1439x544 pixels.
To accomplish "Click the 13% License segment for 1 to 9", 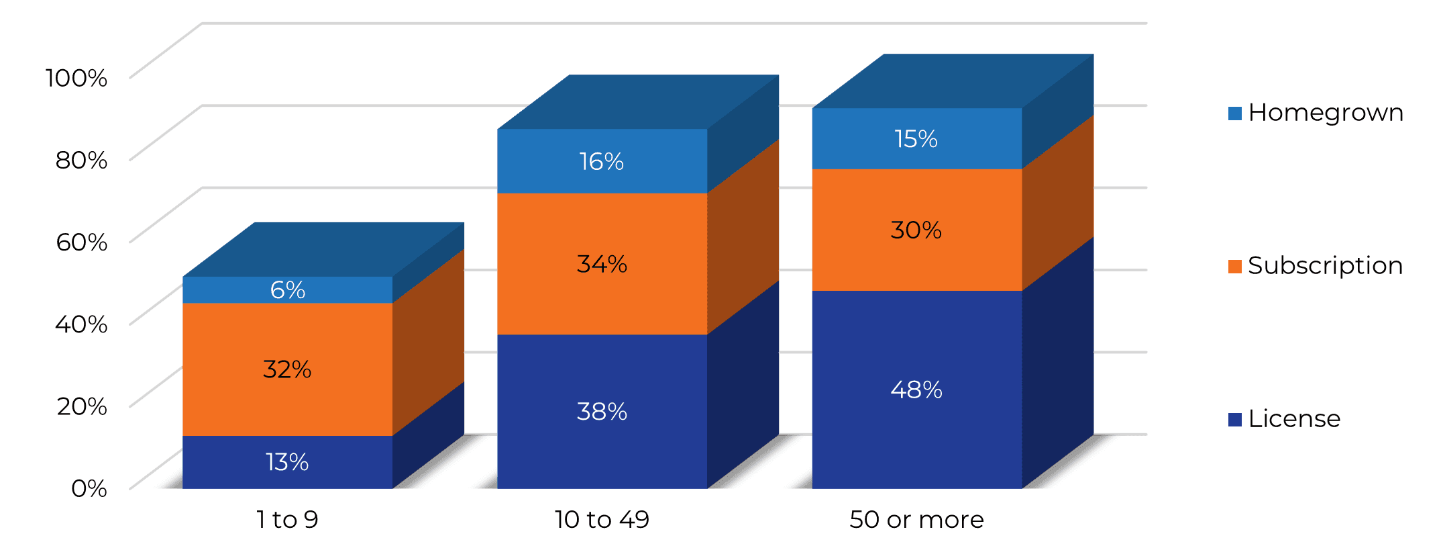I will click(287, 462).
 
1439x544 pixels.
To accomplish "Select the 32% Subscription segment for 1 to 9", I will click(287, 369).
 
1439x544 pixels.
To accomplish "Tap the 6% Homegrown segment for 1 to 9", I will click(287, 289).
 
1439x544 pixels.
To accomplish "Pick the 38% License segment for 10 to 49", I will click(602, 411).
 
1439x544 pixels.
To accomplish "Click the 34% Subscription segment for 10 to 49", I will click(602, 264).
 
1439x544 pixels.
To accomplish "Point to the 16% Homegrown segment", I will click(602, 161).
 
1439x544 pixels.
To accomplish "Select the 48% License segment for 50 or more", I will click(916, 390).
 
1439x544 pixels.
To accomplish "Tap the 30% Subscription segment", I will click(916, 230).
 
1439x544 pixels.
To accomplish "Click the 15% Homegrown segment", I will click(916, 138).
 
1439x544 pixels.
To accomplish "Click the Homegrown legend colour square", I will click(1235, 114).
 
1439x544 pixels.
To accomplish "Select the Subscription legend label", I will click(1325, 266).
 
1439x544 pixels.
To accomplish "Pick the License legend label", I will click(1294, 419).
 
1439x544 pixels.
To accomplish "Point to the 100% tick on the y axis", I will click(76, 78).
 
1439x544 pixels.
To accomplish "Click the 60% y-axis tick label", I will click(82, 242).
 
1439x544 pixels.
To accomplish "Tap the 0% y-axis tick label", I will click(89, 488).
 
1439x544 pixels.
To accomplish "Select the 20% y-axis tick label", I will click(82, 406).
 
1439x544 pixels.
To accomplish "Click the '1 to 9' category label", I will click(287, 519).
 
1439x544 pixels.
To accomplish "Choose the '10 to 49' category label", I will click(602, 519).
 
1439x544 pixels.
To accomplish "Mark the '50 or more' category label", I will click(916, 519).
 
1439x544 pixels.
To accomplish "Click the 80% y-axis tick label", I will click(82, 160).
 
